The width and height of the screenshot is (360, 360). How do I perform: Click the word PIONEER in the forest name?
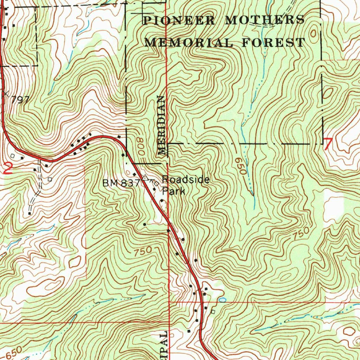(x=179, y=20)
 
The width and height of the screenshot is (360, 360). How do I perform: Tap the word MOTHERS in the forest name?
(x=265, y=20)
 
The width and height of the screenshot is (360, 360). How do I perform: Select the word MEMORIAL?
(x=189, y=43)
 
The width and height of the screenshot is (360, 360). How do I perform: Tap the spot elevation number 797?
(x=20, y=100)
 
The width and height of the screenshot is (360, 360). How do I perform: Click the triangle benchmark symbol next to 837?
(x=144, y=176)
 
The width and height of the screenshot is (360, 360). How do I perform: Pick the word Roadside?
(x=186, y=180)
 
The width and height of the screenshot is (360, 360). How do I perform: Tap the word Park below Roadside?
(x=173, y=192)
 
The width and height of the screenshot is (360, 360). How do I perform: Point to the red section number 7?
(x=328, y=144)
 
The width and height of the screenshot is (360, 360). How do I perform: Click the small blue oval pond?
(x=222, y=300)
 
